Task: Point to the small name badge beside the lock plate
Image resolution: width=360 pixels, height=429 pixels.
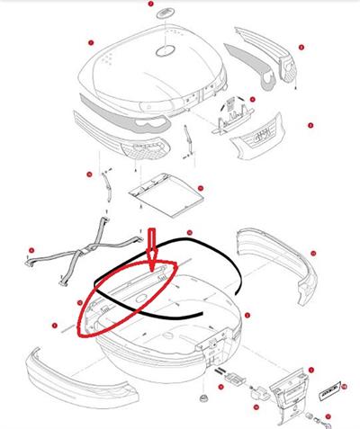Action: click(x=328, y=391)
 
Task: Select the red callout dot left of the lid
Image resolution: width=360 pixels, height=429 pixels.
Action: click(x=90, y=43)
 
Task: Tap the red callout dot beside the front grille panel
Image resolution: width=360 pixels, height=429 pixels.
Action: click(x=310, y=125)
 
